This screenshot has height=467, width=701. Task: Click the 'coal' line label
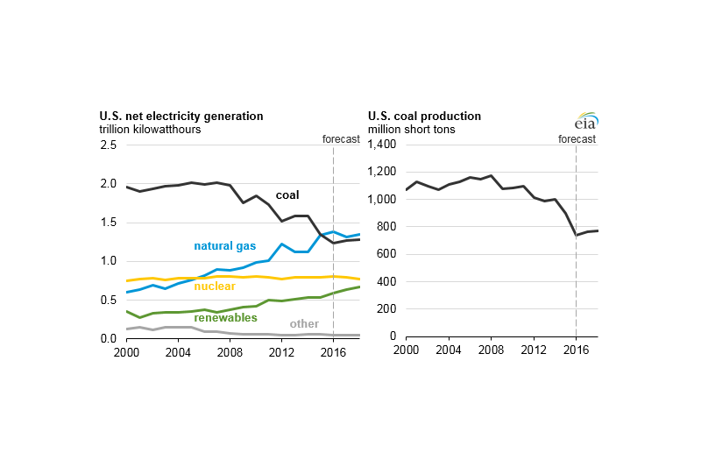(288, 195)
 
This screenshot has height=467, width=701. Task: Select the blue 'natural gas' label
(223, 247)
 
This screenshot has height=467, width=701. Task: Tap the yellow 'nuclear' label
(214, 287)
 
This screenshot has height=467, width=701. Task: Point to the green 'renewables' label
(225, 317)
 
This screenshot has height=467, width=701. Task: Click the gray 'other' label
(304, 324)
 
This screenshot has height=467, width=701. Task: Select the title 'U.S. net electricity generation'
(181, 116)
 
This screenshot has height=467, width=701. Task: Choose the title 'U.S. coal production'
(424, 116)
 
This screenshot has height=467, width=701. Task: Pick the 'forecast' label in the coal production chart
(576, 138)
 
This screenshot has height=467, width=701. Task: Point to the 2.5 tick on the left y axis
(110, 145)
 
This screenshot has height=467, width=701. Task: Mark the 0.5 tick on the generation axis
(110, 301)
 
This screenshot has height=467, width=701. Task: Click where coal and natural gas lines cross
(320, 235)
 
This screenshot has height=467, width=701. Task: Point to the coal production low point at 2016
(576, 235)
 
